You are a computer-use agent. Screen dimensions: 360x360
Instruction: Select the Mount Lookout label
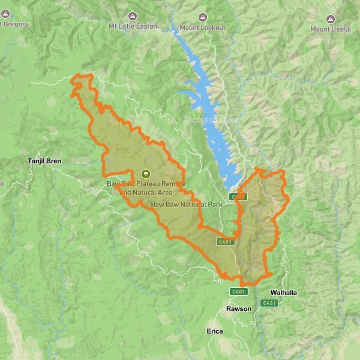203,28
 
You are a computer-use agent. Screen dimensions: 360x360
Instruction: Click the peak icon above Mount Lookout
203,17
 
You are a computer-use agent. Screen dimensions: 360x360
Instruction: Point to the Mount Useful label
330,29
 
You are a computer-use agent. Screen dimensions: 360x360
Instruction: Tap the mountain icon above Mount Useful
330,17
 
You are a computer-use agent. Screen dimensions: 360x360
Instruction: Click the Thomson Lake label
211,120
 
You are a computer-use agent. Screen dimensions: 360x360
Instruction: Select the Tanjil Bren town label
44,161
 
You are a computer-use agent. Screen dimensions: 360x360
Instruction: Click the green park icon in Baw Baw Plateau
144,173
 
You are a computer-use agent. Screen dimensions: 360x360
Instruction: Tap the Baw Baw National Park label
187,205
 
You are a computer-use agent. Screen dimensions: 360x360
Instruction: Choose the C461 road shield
269,303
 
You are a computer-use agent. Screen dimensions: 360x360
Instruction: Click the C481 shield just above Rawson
239,292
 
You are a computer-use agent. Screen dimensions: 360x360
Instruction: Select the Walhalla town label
284,293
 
